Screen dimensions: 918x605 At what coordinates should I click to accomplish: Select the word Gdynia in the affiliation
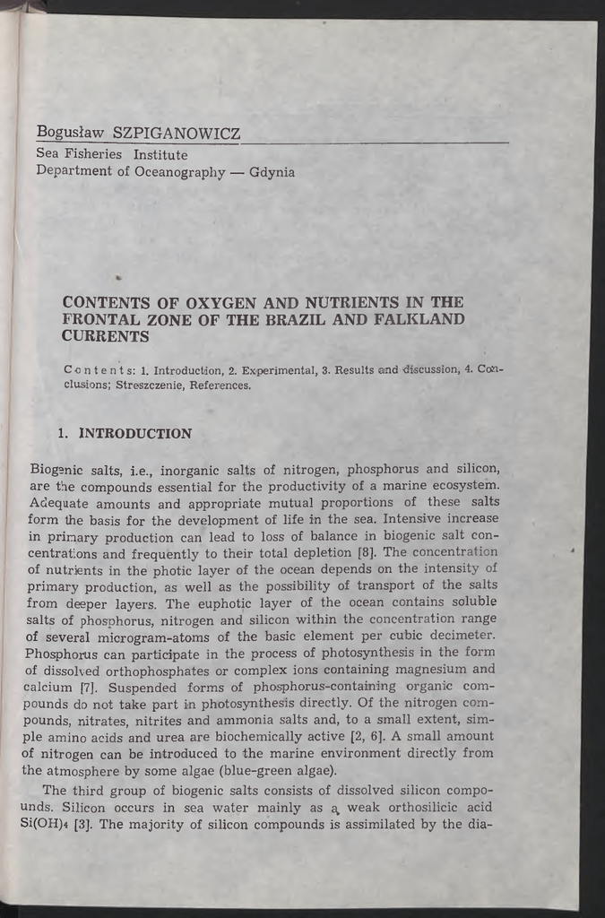pos(272,171)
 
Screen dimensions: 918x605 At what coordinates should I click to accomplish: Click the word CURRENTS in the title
pos(105,336)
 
